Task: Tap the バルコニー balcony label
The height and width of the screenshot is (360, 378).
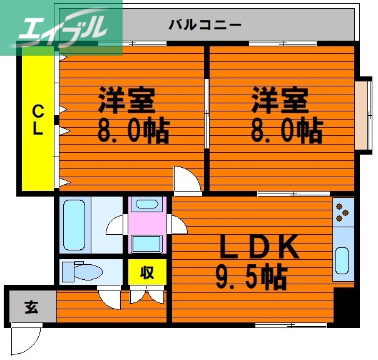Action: point(205,26)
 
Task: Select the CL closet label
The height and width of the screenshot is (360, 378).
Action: point(38,120)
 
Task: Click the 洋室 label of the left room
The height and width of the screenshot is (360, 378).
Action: point(125,99)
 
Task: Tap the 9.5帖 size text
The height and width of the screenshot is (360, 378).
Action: point(251,275)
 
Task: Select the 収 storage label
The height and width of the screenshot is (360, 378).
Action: point(147,273)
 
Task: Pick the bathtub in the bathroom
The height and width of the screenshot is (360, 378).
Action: point(74,225)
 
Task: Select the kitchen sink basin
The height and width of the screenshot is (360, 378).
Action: point(342,260)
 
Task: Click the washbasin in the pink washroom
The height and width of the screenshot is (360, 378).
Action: point(147,204)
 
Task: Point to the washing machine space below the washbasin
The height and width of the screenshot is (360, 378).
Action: point(147,242)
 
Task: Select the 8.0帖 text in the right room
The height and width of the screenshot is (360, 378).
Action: point(287,130)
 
